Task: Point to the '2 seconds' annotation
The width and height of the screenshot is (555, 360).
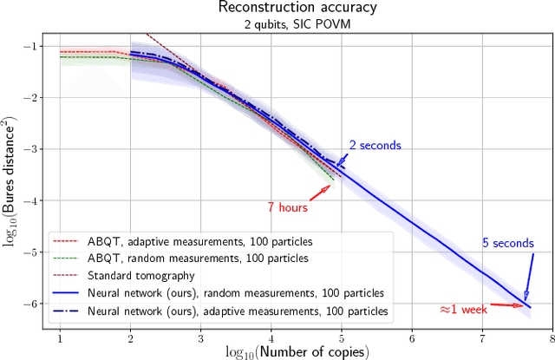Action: click(375, 145)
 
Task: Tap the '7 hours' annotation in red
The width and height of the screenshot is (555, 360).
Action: click(287, 207)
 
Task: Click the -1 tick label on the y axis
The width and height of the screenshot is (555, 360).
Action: click(31, 46)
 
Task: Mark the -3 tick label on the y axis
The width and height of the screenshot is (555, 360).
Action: click(31, 149)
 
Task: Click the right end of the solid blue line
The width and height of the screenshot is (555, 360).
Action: click(531, 307)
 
